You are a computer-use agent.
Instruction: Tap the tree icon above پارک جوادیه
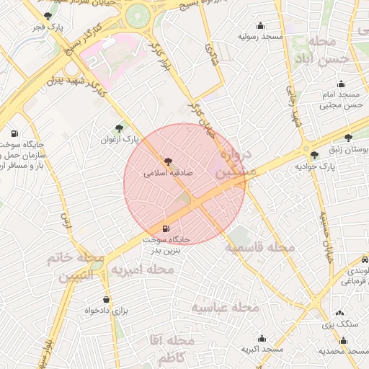click(x=314, y=155)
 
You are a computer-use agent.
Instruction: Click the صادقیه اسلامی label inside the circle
click(x=168, y=173)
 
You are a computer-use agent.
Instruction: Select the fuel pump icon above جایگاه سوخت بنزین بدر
click(x=167, y=228)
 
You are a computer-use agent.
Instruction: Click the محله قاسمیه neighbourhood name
click(x=259, y=247)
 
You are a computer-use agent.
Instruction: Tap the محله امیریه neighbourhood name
click(x=142, y=269)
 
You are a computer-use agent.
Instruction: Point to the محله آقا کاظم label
click(x=169, y=348)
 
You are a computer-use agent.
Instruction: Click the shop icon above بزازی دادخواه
click(x=107, y=300)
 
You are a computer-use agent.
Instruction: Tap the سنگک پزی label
click(x=339, y=325)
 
